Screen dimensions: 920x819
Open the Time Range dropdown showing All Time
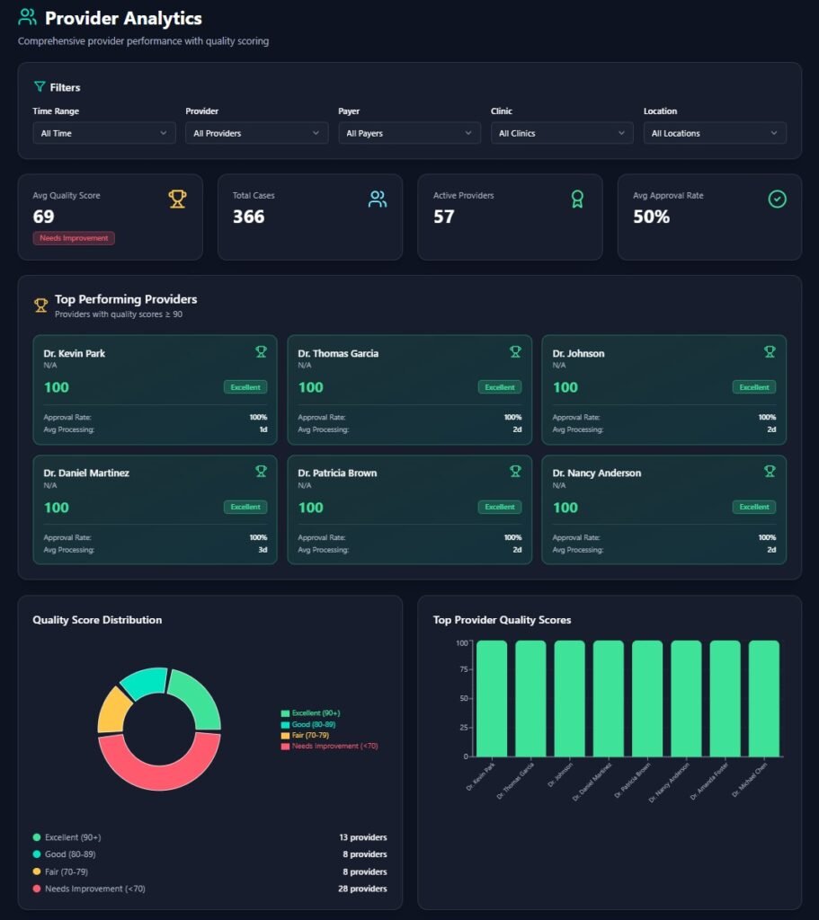(102, 133)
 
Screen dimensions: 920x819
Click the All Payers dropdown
(409, 133)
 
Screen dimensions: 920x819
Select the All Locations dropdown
(715, 133)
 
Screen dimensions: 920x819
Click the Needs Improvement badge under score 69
(74, 238)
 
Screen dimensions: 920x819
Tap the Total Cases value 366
(248, 217)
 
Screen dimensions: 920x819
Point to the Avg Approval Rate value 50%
(651, 217)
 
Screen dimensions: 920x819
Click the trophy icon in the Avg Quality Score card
(177, 199)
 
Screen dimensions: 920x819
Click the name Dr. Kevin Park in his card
(75, 353)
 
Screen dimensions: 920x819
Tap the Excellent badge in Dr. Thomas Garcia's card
(499, 387)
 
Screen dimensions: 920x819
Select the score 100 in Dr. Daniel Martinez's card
(57, 508)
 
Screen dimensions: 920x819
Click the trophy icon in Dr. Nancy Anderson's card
(770, 471)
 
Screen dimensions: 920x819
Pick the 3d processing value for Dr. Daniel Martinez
(263, 550)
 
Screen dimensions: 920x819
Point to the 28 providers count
(358, 889)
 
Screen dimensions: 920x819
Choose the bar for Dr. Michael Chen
(764, 698)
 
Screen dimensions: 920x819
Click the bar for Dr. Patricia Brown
(647, 698)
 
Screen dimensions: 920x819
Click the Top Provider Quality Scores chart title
(502, 620)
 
